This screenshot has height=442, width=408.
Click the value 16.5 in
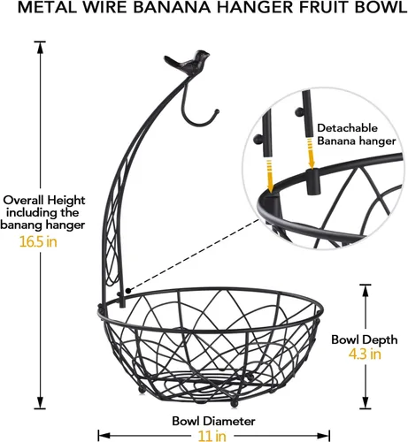(38, 242)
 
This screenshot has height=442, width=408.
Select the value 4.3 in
(365, 354)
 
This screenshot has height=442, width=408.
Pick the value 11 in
(212, 436)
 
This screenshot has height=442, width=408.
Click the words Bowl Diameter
(213, 421)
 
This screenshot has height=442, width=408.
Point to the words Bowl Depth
(365, 339)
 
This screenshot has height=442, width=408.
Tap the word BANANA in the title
(172, 8)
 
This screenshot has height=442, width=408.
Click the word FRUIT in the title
(324, 8)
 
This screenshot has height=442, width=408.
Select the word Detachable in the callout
(347, 128)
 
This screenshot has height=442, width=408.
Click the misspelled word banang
(22, 225)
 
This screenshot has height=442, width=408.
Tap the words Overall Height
(44, 201)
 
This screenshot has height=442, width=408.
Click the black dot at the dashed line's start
(128, 291)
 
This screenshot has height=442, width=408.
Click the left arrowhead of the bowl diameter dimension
(104, 436)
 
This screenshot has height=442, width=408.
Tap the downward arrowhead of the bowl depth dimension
(366, 402)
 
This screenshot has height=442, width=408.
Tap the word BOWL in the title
(381, 8)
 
